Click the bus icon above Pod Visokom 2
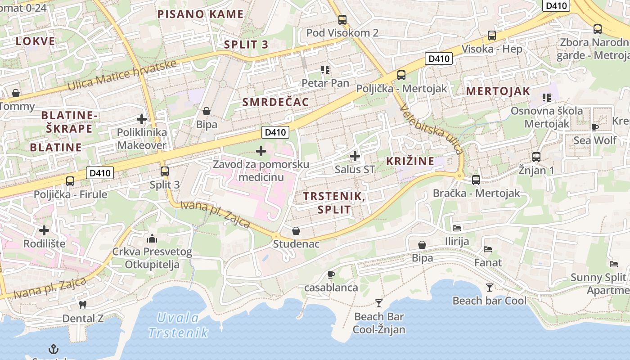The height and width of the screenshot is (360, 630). click(342, 19)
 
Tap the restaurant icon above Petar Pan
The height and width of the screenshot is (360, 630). click(325, 70)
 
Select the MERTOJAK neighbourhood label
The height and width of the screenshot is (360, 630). click(498, 91)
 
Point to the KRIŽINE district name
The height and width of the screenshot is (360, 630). click(410, 161)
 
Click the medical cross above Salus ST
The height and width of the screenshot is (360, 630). click(355, 156)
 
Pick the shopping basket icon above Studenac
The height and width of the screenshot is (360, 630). click(296, 231)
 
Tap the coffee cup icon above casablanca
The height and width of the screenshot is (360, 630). click(331, 274)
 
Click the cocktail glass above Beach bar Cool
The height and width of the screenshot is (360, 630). click(490, 287)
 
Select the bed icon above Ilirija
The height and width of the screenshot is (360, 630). click(457, 228)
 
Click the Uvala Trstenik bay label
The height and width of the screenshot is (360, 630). click(178, 325)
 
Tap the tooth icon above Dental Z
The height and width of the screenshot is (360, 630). click(82, 305)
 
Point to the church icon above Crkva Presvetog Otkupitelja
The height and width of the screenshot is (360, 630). click(152, 238)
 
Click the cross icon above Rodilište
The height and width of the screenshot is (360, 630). click(44, 230)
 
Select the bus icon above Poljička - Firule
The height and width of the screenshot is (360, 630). click(70, 181)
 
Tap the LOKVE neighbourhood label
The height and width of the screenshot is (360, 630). click(36, 41)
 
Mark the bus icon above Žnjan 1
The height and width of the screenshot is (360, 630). click(536, 157)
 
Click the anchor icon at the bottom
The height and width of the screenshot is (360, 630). click(54, 349)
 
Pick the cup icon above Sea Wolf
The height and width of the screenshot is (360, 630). click(595, 127)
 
